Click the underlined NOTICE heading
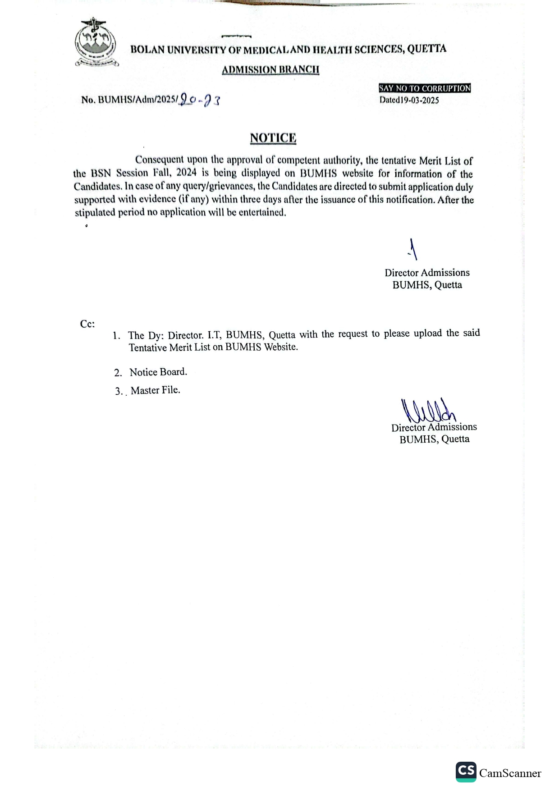click(273, 138)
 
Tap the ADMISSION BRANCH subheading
click(270, 69)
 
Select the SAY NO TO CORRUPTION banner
click(425, 88)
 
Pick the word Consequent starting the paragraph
click(160, 160)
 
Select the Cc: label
click(87, 324)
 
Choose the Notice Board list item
click(158, 372)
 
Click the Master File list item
click(155, 390)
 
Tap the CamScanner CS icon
click(466, 772)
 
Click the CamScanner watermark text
click(510, 773)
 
